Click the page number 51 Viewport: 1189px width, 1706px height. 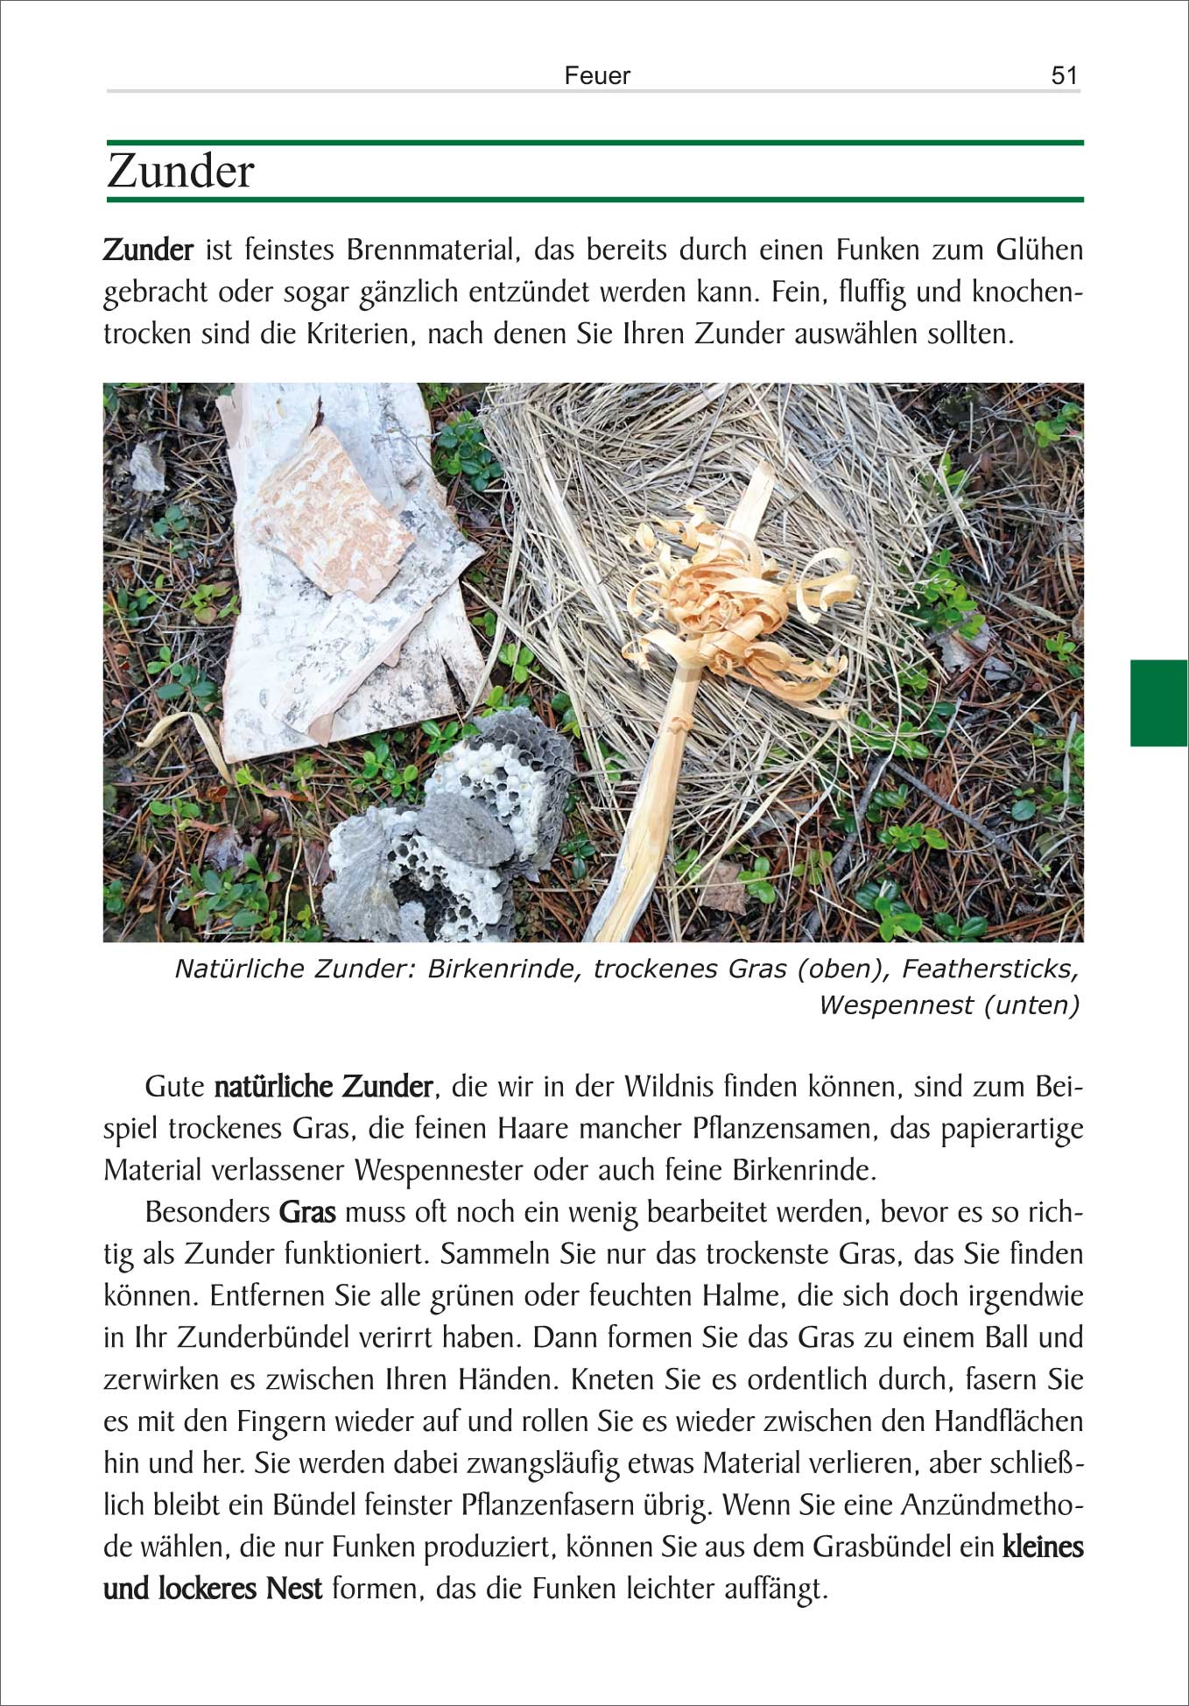[x=1064, y=75]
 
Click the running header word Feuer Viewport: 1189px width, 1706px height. [x=597, y=75]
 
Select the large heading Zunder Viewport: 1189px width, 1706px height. [x=180, y=171]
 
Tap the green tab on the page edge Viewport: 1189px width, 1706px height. [x=1158, y=702]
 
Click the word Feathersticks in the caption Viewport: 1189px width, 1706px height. [x=989, y=969]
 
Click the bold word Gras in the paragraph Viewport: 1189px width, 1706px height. [x=307, y=1212]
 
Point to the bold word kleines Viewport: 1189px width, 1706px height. [x=1043, y=1547]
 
